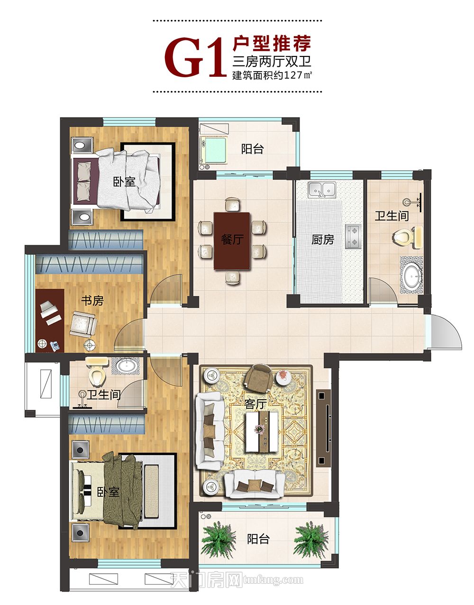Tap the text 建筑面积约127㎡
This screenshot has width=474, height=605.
click(272, 75)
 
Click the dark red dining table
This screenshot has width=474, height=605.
click(232, 241)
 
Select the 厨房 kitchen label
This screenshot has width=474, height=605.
click(323, 240)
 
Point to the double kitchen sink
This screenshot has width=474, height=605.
click(322, 190)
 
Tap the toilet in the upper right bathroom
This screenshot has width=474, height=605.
click(408, 238)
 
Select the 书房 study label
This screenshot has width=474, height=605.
click(92, 301)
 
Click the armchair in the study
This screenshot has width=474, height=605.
click(83, 324)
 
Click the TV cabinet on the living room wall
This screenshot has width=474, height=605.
click(323, 428)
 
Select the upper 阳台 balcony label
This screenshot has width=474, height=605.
click(252, 149)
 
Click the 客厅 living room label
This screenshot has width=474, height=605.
click(256, 404)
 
